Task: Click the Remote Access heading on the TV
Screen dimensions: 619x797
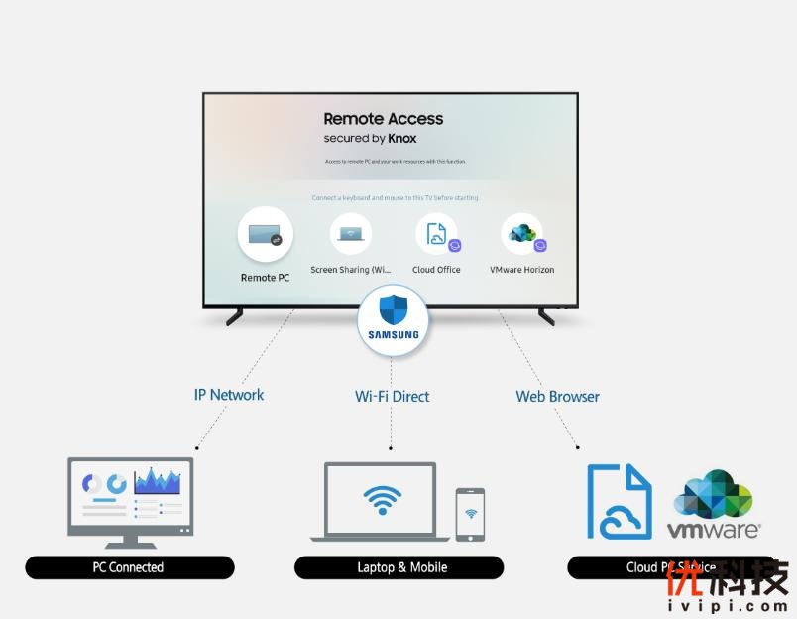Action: (x=384, y=119)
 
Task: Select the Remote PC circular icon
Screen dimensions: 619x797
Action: (x=265, y=234)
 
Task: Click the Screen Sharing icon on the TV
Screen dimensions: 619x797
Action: (x=350, y=234)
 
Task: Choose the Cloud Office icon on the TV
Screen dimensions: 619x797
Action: (x=436, y=234)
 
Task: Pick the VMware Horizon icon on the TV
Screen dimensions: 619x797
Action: (x=522, y=234)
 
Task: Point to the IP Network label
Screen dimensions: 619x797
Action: (x=229, y=395)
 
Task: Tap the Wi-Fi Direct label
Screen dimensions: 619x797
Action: (x=393, y=396)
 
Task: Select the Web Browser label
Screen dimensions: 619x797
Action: (x=557, y=396)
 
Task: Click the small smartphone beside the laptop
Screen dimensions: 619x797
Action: (x=470, y=514)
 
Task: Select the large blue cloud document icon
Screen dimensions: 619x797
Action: (x=620, y=501)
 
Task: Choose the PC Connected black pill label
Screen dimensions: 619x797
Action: (x=129, y=567)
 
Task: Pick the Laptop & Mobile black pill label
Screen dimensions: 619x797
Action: (x=398, y=567)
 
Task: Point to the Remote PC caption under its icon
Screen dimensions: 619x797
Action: (x=265, y=278)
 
